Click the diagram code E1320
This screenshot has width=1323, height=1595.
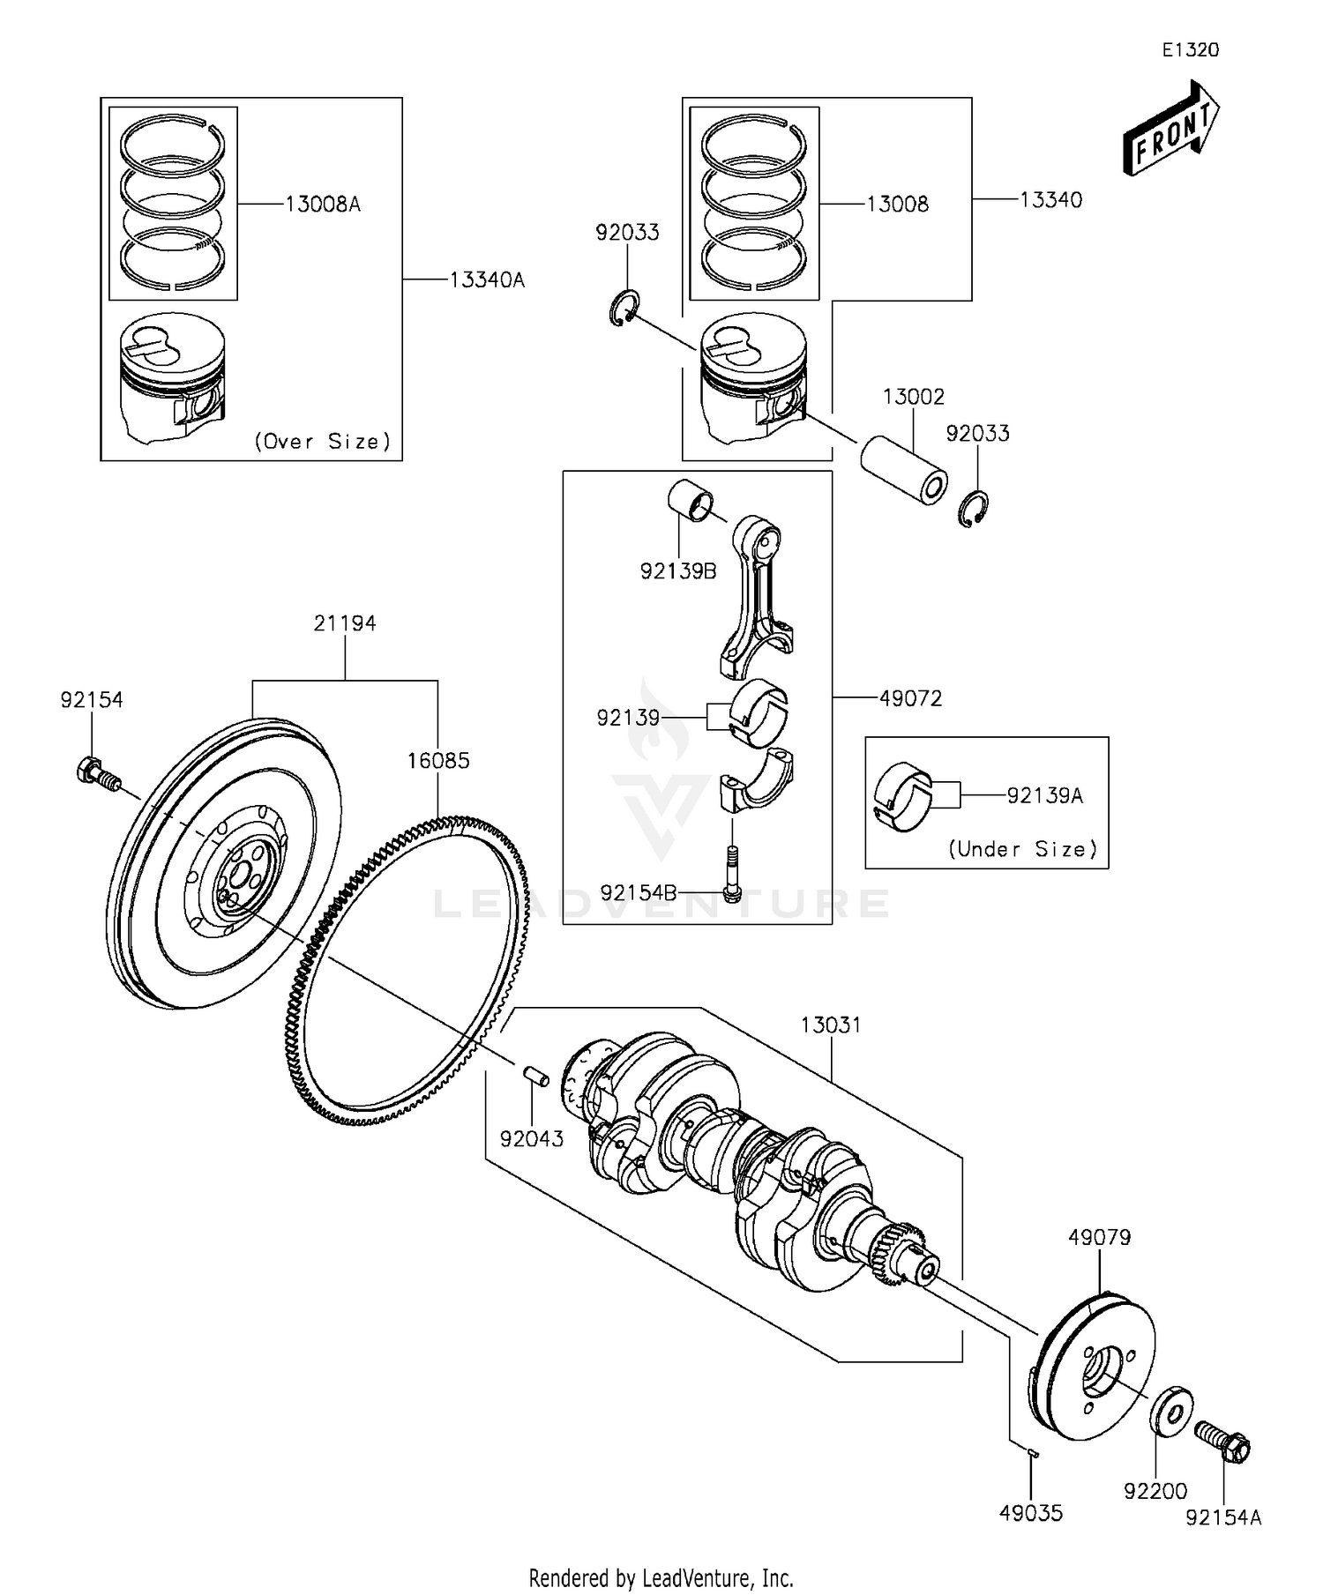(x=1190, y=50)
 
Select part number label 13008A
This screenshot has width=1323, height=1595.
(x=323, y=205)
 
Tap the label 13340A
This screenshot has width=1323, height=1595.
(x=487, y=280)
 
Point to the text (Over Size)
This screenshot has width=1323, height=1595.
(x=322, y=442)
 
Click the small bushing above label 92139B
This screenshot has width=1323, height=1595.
(x=690, y=501)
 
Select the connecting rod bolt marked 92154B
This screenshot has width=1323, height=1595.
(x=731, y=872)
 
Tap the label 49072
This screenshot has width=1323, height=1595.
(x=910, y=698)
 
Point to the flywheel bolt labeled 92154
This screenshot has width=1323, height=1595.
(x=95, y=772)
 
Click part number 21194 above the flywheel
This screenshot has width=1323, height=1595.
(x=345, y=623)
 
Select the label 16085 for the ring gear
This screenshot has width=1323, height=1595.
(x=438, y=760)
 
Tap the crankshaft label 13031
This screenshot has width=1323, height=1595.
(x=830, y=1025)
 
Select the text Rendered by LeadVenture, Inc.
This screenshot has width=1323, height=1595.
(x=661, y=1577)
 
